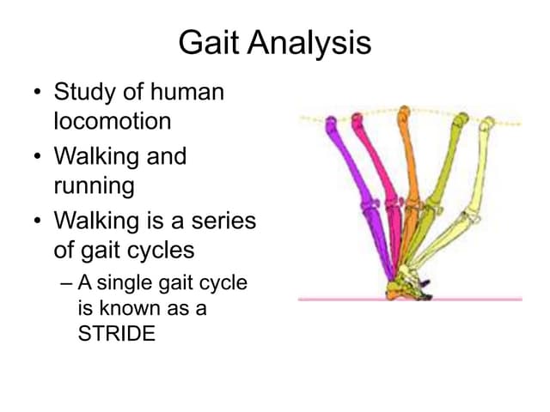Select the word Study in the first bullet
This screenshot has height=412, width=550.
83,92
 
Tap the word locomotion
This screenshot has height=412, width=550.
112,121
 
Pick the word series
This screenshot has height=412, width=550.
225,221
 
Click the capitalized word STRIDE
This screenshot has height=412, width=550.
117,334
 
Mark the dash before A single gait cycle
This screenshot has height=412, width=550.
65,282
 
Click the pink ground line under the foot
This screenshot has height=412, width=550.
481,300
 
